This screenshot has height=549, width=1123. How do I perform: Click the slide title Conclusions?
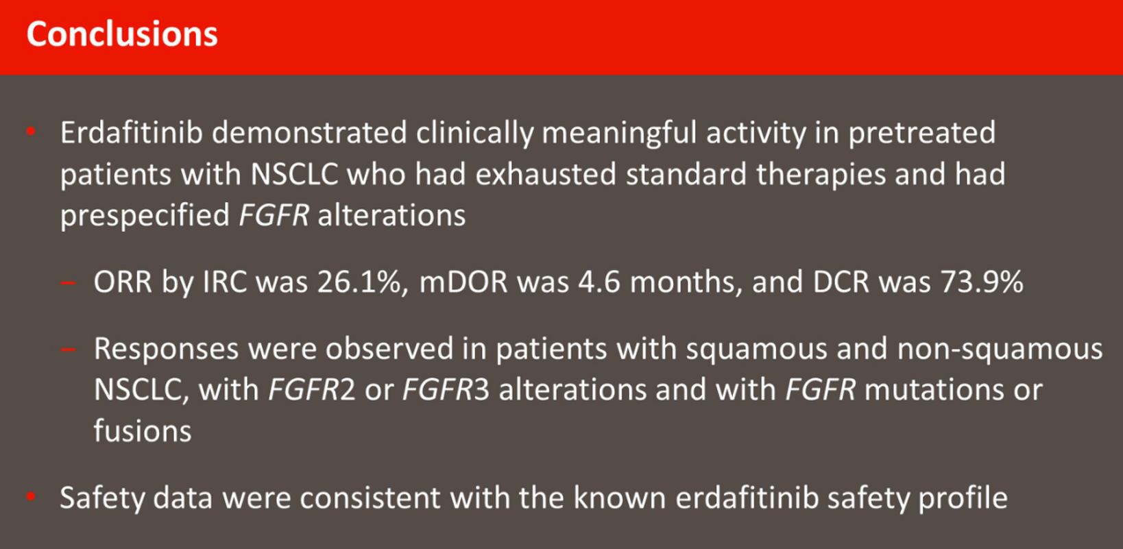122,34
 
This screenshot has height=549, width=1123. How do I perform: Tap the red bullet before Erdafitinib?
31,132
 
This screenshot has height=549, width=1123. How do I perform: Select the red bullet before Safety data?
31,496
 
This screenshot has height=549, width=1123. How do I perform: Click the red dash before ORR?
68,283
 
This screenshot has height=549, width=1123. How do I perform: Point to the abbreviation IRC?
225,282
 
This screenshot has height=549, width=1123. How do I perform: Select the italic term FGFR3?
446,389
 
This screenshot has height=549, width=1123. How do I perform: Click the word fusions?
143,430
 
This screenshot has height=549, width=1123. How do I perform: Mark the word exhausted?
546,174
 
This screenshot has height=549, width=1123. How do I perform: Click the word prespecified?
145,216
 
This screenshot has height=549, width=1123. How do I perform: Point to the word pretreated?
921,134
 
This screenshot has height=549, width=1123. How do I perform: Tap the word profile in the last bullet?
963,498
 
